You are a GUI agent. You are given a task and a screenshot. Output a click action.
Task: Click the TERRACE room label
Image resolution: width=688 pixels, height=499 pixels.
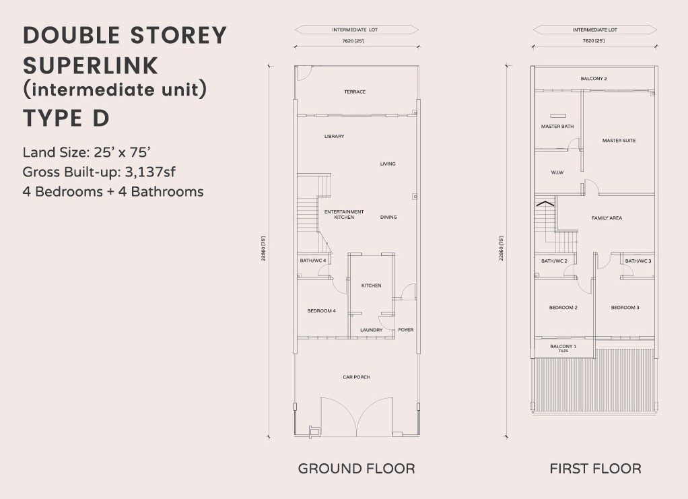pos(355,92)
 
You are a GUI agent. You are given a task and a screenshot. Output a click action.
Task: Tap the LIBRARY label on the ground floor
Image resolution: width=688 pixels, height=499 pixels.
pos(335,137)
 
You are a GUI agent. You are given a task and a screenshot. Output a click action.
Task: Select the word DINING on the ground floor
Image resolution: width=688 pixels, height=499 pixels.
pos(388,218)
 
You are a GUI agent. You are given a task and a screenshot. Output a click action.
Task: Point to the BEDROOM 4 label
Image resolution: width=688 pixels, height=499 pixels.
pos(322,310)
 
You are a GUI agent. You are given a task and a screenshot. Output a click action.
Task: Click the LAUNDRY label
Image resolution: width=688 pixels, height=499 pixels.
pos(371,330)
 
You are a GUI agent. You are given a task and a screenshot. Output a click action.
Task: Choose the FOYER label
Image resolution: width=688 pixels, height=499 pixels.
pos(406,330)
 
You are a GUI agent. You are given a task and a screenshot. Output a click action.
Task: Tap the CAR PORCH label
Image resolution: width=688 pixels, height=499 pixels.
pos(356,377)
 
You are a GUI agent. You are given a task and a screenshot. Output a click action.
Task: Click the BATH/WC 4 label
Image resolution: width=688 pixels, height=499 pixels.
pos(313,261)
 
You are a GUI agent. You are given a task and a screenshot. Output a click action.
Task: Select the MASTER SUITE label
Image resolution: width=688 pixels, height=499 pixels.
pos(619,141)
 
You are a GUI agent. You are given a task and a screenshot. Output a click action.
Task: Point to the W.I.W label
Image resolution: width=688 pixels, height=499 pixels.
pos(557,172)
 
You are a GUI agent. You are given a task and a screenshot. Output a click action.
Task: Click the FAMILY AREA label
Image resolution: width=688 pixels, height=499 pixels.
pos(607,218)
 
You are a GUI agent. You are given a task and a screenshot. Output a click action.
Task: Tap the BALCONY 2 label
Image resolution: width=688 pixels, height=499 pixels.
pos(594,79)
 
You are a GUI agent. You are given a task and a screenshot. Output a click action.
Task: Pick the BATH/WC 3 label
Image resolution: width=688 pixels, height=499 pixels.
pos(638,261)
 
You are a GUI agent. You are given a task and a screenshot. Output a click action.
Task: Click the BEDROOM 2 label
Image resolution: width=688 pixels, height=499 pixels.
pos(563,308)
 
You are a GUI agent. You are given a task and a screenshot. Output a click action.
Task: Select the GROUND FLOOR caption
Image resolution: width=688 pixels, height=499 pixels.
pos(356,469)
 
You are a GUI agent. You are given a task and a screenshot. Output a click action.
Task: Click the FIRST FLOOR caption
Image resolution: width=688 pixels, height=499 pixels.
pos(595,469)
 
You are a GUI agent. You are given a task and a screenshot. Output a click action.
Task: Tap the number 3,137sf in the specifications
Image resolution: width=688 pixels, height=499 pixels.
pos(150,172)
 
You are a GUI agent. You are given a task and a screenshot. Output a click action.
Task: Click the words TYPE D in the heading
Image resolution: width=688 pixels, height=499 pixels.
pos(66,118)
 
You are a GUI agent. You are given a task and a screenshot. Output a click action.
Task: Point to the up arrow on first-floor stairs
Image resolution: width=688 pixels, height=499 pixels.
pos(544,203)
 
